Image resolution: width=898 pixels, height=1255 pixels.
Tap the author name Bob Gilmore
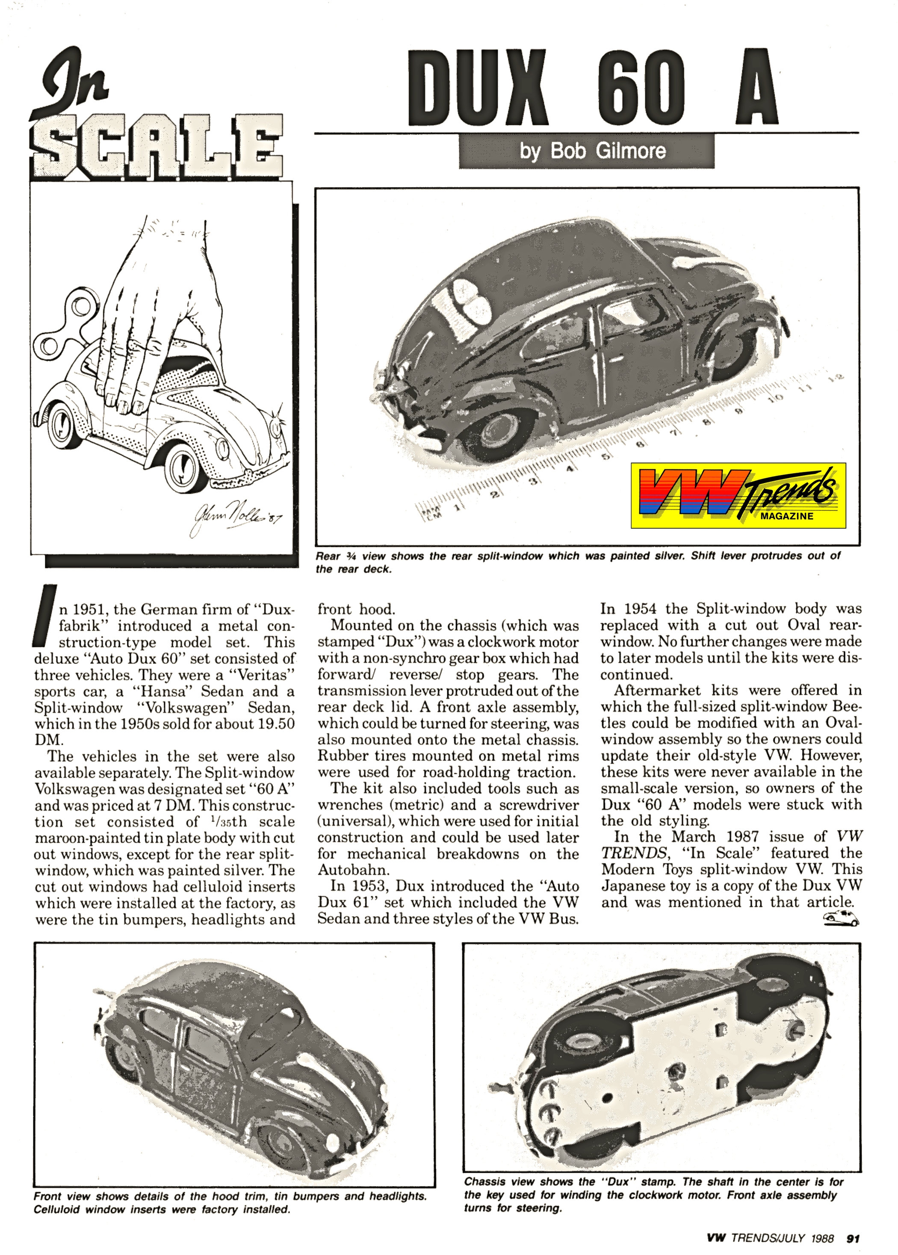point(592,151)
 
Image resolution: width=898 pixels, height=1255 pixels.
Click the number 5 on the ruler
point(606,457)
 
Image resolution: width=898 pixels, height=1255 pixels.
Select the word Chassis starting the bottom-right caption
point(484,1183)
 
